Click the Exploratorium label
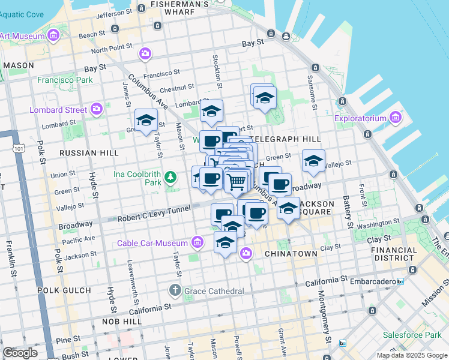(360, 118)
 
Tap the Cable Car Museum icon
(197, 242)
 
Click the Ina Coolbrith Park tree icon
(171, 176)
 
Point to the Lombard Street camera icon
(97, 109)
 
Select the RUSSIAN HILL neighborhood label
(89, 153)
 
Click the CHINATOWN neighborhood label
(291, 254)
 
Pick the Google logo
(20, 353)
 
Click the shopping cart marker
(237, 181)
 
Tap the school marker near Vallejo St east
(313, 161)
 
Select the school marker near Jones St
(146, 121)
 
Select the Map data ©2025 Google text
(412, 355)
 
